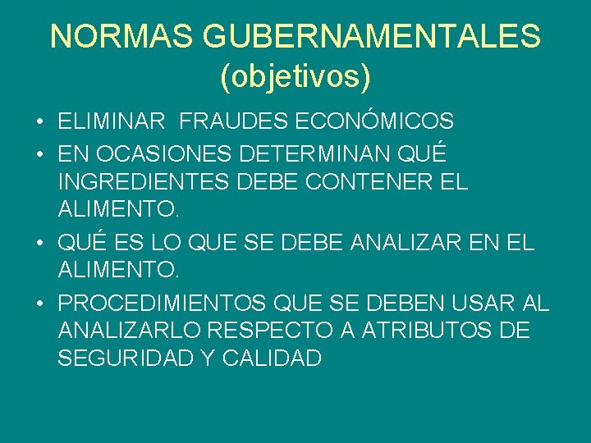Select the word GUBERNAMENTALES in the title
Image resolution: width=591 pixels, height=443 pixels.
click(371, 36)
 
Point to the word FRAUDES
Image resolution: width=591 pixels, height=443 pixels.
click(221, 122)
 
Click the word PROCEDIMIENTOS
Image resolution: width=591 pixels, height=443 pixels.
click(162, 303)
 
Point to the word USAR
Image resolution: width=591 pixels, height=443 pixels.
click(483, 303)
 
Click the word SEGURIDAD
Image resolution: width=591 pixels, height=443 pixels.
click(121, 359)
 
